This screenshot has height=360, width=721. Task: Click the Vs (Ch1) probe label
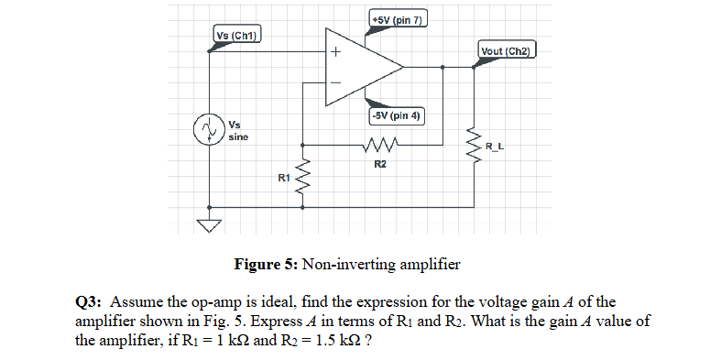point(236,36)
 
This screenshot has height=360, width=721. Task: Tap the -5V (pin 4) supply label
point(394,116)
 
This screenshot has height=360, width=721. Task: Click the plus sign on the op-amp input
point(335,52)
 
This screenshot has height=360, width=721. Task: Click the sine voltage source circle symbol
point(209,129)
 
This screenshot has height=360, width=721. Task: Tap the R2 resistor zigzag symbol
point(380,145)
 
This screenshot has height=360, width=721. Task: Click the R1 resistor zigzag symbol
point(303,175)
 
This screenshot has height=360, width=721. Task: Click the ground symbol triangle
point(210,226)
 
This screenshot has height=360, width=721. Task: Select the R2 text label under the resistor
point(380,163)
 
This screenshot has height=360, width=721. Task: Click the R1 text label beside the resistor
point(283,176)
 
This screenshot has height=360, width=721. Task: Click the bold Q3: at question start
point(92,301)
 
